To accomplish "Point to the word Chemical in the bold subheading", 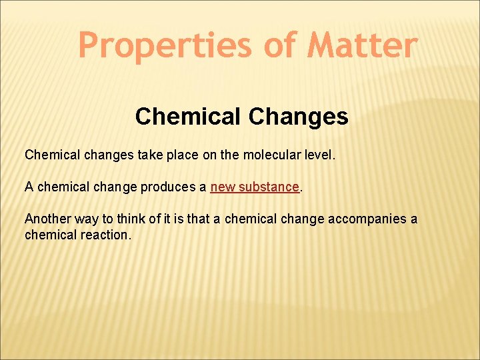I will (189, 117).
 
